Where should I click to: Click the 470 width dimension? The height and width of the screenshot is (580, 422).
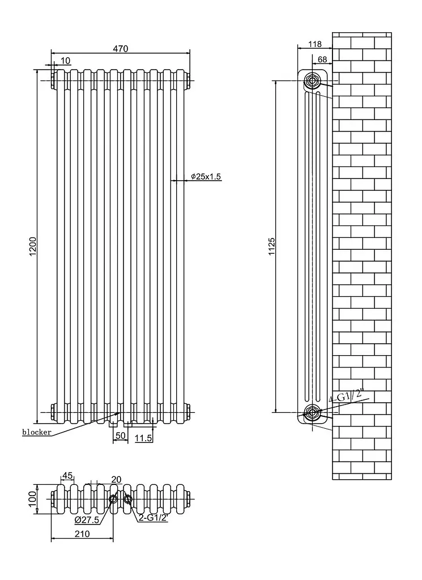pos(121,49)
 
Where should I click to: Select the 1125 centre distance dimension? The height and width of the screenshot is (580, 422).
pos(272,247)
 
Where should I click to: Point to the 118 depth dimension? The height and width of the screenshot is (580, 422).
pos(315,44)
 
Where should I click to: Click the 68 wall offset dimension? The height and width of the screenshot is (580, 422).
pos(322,59)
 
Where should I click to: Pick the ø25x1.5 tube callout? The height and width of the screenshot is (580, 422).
pos(206,177)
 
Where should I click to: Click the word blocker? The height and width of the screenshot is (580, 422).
pos(37,432)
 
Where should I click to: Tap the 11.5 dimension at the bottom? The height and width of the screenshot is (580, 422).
pos(143,438)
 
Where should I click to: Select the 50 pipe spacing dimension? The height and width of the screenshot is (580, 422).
pos(121,436)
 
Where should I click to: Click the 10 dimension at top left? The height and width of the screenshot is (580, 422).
pos(66,61)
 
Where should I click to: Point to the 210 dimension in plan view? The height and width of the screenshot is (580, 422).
pos(82,534)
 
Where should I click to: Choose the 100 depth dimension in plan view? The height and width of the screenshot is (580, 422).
pos(32,499)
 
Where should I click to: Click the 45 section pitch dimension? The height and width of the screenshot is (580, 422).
pos(67,475)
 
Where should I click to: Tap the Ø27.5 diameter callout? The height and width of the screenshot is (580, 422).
pos(87,520)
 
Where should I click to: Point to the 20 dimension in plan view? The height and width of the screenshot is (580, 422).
pos(116,479)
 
